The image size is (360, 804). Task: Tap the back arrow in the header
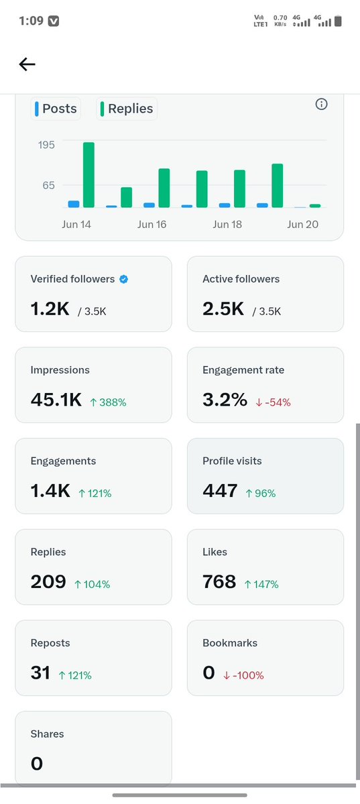(27, 64)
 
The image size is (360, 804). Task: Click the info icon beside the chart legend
(321, 104)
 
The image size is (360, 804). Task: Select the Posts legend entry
(56, 109)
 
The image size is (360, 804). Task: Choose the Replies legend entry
(127, 109)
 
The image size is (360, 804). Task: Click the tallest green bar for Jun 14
(88, 175)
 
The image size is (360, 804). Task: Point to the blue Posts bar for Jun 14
(74, 204)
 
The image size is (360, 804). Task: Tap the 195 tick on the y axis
(46, 145)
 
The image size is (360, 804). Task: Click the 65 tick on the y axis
(48, 185)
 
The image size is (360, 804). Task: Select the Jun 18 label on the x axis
(227, 225)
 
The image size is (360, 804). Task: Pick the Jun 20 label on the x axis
(302, 225)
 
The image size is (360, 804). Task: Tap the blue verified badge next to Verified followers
(123, 279)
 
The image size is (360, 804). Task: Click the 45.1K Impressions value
(56, 400)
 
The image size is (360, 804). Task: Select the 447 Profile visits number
(220, 492)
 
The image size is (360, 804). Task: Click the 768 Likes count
(219, 582)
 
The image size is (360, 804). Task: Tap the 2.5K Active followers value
(223, 309)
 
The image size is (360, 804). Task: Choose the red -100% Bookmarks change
(243, 675)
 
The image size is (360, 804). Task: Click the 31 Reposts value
(40, 673)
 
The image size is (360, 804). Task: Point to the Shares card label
(47, 734)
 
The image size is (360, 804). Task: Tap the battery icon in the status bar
(337, 21)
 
